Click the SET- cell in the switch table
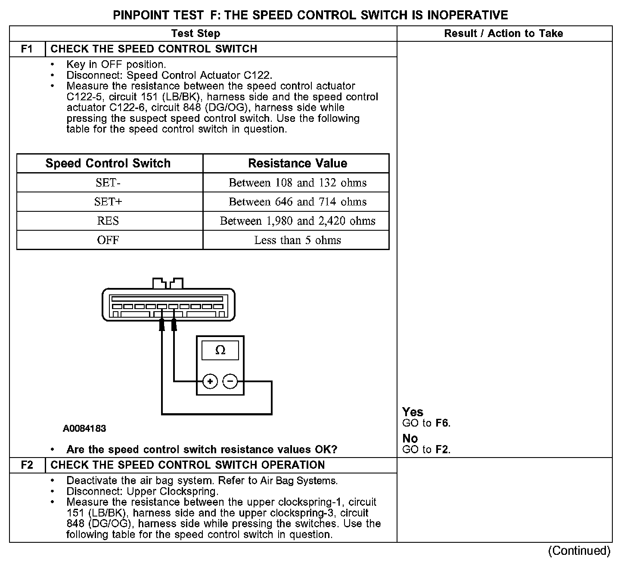coord(108,183)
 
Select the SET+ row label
coord(108,202)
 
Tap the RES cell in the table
coord(108,221)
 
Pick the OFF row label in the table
coord(108,240)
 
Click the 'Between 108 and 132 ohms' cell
coord(298,183)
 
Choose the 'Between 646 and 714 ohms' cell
coord(298,202)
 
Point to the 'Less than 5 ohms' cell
coord(298,240)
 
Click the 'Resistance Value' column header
coord(298,164)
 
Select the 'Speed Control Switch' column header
coord(108,164)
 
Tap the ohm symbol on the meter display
coord(220,350)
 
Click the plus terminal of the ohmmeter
coord(210,381)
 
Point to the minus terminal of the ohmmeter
coord(230,381)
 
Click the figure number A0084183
coord(84,429)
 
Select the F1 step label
coord(27,49)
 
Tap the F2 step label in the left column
coord(27,465)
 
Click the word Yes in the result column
coord(413,412)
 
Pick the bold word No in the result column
coord(410,439)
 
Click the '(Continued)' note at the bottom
coord(579,551)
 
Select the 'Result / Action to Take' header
coord(503,34)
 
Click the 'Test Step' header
coord(196,34)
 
